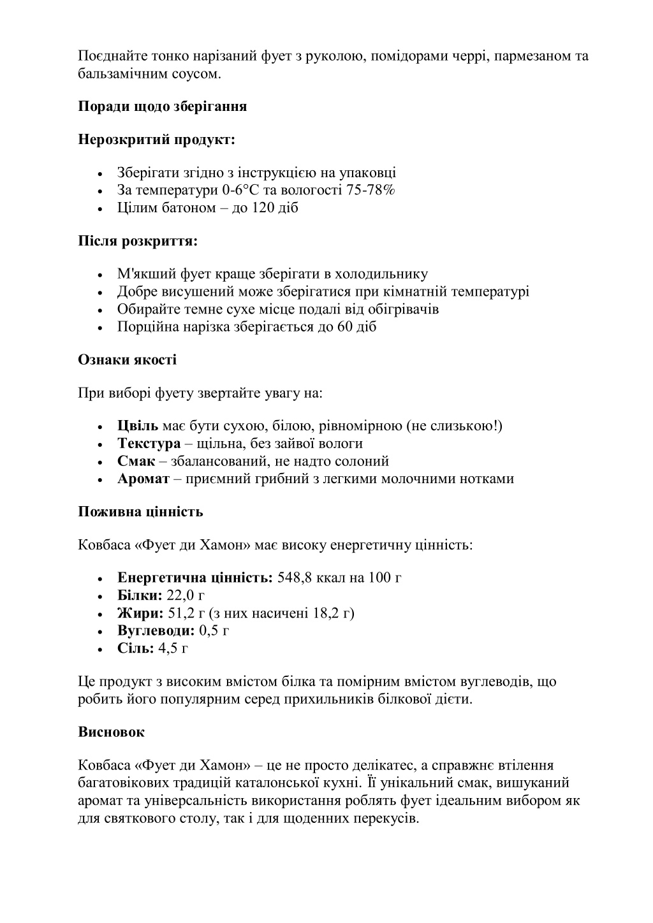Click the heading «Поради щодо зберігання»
162,106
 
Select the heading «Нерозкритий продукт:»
156,140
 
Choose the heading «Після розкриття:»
137,242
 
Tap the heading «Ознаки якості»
127,360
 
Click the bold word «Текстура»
149,444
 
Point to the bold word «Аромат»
143,479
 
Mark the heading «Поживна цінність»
140,512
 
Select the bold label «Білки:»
140,596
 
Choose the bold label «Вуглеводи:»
156,631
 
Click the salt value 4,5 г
173,649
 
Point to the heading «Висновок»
111,732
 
